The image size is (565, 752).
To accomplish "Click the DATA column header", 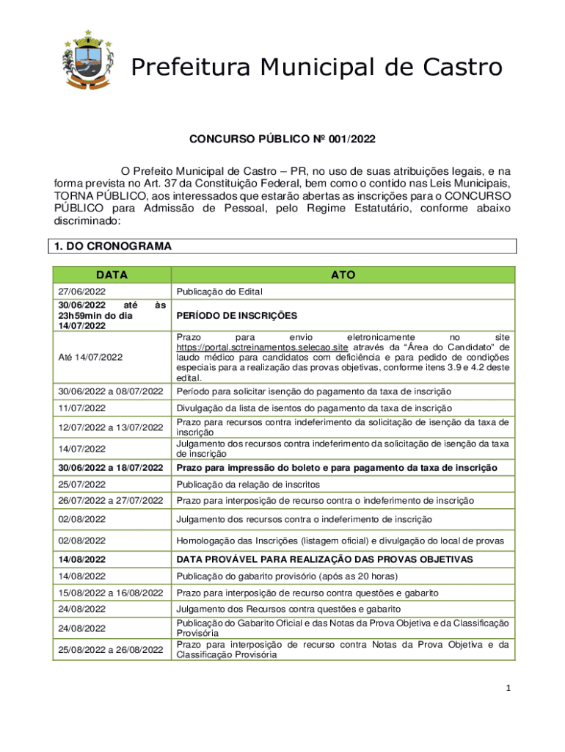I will tap(110, 275).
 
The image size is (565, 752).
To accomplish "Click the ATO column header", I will tap(343, 275).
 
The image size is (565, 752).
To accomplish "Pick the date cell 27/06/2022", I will tap(81, 291).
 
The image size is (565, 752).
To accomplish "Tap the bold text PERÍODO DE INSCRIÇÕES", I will tap(236, 316).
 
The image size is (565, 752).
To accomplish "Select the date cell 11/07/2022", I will tap(81, 408).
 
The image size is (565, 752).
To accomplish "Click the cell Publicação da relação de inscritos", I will tap(247, 485).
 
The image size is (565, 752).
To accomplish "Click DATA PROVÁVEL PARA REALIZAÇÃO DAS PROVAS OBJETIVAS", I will tap(324, 560).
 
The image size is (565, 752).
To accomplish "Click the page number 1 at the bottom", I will tap(506, 689).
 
